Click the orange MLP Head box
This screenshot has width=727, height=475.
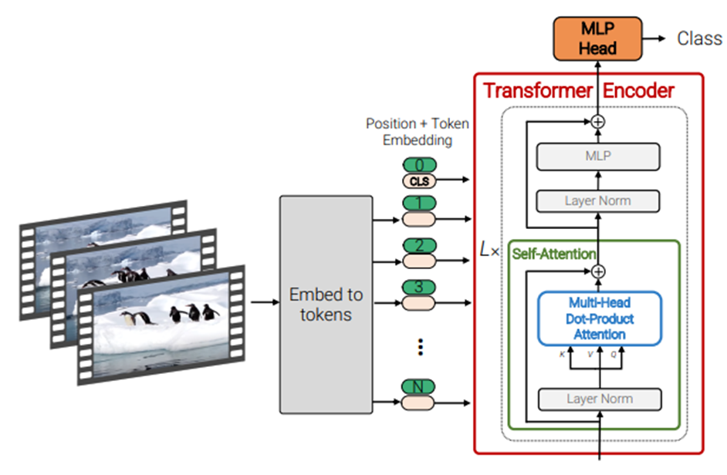point(598,39)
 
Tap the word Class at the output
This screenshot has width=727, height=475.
point(699,39)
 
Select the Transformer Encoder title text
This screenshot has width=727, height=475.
point(579,90)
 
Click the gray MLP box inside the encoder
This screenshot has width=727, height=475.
point(598,156)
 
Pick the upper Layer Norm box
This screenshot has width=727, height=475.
point(598,200)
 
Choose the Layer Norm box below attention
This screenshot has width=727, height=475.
point(599,399)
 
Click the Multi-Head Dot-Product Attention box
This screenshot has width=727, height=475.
point(599,318)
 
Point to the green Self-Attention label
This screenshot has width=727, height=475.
point(553,254)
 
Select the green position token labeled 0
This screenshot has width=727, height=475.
point(419,165)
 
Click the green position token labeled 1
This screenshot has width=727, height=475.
point(419,204)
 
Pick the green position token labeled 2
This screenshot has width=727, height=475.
point(419,246)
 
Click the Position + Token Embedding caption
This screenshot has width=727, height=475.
point(417,132)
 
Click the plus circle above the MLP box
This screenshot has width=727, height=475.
point(598,121)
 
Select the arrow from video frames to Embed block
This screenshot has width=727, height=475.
point(263,303)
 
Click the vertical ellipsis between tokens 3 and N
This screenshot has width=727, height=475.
point(421,347)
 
